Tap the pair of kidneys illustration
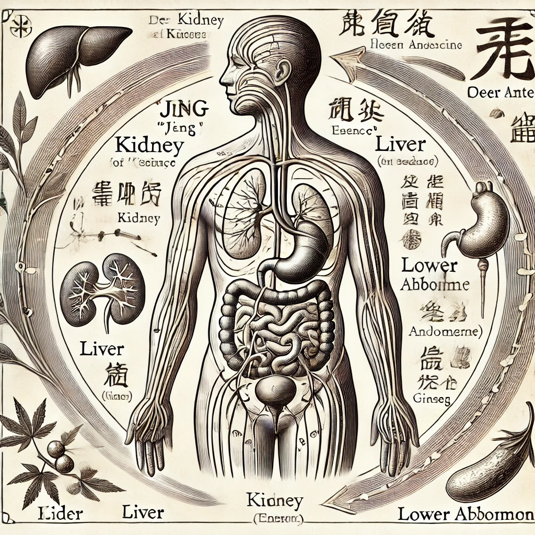102,289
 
